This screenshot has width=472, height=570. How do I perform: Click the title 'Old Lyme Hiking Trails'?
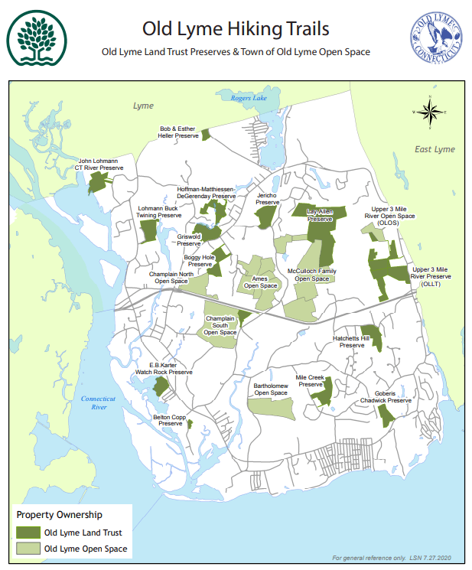[x=236, y=29]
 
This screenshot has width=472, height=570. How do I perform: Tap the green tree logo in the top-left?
[x=35, y=40]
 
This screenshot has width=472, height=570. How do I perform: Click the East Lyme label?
[x=434, y=149]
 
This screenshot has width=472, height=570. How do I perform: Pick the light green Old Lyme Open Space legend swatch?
[x=28, y=549]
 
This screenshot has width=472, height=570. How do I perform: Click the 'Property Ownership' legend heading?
[x=60, y=515]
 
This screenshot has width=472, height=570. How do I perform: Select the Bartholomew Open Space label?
[x=270, y=389]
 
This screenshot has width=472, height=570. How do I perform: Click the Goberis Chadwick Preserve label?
[x=392, y=396]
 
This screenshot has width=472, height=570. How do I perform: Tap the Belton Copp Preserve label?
[x=169, y=420]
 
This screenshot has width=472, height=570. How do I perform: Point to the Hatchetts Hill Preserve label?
[x=351, y=341]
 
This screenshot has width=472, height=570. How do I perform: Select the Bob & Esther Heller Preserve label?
[x=178, y=132]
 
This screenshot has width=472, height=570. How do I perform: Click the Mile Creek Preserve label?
[x=311, y=381]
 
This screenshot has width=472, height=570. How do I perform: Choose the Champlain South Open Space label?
[x=220, y=325]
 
